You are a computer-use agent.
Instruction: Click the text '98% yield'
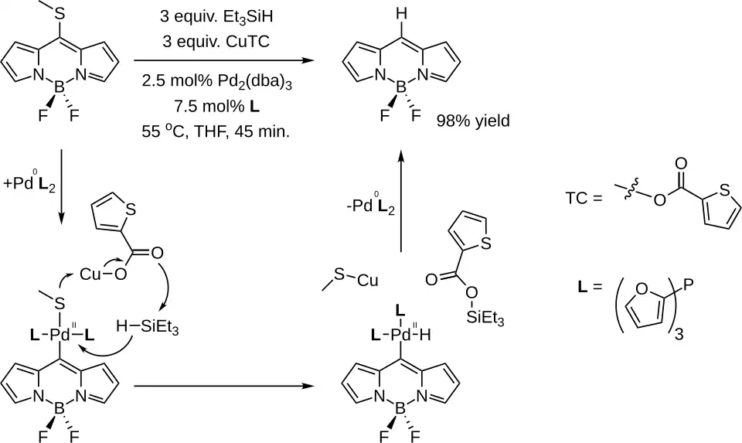pyautogui.click(x=473, y=121)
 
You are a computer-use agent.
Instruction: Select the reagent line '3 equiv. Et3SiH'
pyautogui.click(x=216, y=17)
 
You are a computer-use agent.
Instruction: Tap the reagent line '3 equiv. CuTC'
pyautogui.click(x=216, y=42)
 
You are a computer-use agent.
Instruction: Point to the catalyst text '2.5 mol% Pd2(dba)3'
pyautogui.click(x=216, y=82)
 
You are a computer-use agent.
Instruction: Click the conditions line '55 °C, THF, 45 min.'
pyautogui.click(x=216, y=131)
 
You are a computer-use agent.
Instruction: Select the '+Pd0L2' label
pyautogui.click(x=29, y=184)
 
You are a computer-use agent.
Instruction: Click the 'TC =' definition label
pyautogui.click(x=584, y=198)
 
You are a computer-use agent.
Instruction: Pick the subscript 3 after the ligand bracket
pyautogui.click(x=679, y=335)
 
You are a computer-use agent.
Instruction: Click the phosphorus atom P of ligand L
pyautogui.click(x=689, y=285)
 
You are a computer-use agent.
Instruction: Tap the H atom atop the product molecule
pyautogui.click(x=401, y=14)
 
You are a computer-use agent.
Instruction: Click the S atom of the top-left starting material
pyautogui.click(x=60, y=14)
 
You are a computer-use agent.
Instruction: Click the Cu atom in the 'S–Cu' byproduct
pyautogui.click(x=368, y=280)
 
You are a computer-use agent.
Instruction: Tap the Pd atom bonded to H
pyautogui.click(x=403, y=336)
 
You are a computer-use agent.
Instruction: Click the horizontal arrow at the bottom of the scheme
pyautogui.click(x=224, y=386)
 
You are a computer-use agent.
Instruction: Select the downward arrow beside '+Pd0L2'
pyautogui.click(x=62, y=186)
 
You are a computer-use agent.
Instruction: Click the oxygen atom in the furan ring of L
pyautogui.click(x=642, y=288)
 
